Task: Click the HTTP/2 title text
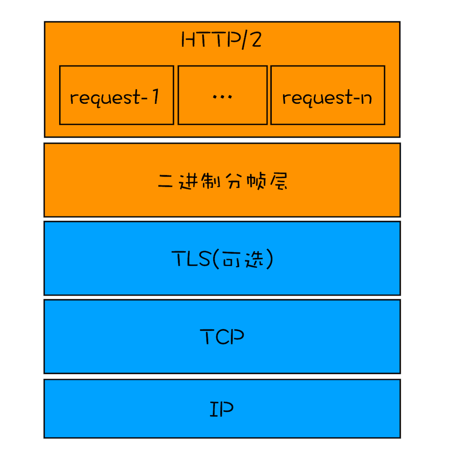(221, 40)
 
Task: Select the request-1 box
(117, 95)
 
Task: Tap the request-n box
(327, 95)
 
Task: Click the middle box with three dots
(222, 95)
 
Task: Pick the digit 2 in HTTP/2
(256, 40)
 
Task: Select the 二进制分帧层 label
(222, 181)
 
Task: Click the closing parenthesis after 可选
(269, 259)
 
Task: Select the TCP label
(222, 337)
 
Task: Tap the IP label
(222, 409)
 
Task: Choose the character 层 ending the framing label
(279, 181)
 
